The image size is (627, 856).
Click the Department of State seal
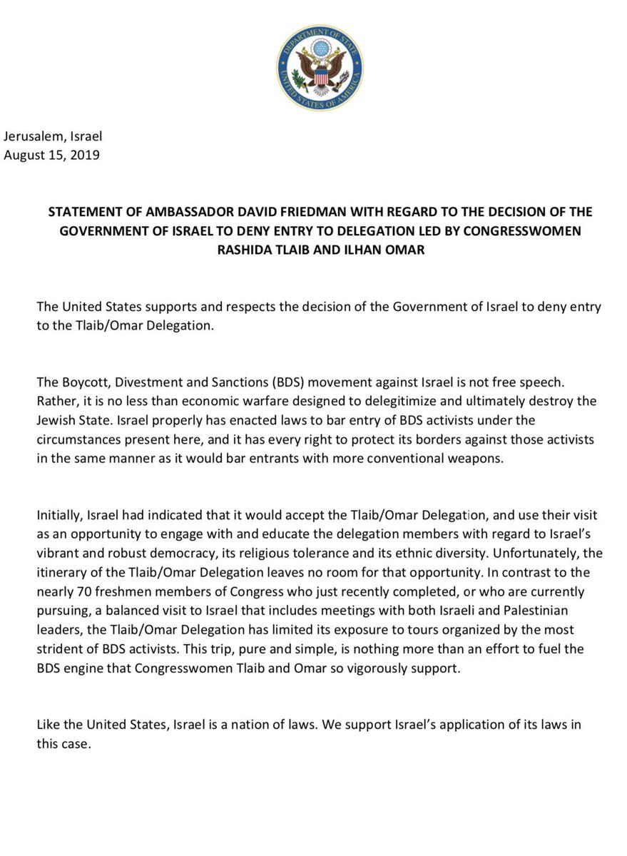320,67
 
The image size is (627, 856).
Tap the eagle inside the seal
320,71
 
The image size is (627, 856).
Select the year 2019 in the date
85,155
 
